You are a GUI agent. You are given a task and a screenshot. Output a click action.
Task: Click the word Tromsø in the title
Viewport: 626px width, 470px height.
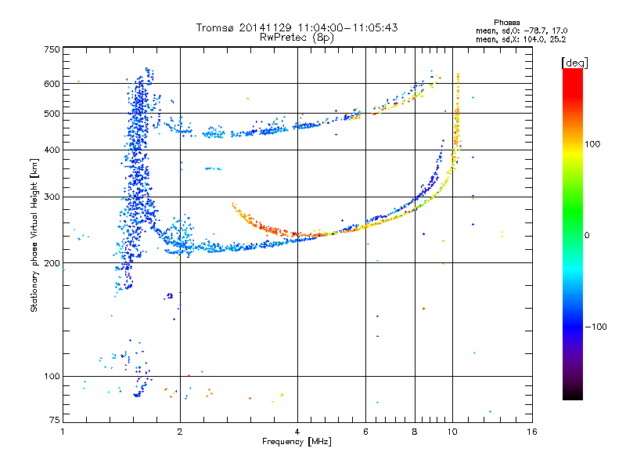click(x=215, y=27)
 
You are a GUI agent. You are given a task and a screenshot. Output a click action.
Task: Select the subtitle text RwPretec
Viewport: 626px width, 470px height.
click(x=284, y=38)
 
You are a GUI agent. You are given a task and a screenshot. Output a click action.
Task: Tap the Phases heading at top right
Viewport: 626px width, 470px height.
click(x=506, y=23)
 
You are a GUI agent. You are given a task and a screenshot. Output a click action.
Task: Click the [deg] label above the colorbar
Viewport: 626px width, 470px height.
click(x=574, y=63)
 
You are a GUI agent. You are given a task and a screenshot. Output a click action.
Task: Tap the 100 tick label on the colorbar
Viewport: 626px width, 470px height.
click(x=592, y=144)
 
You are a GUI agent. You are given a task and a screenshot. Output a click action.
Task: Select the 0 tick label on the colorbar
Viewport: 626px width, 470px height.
click(x=587, y=235)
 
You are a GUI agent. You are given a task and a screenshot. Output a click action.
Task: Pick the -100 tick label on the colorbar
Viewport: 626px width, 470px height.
click(x=596, y=327)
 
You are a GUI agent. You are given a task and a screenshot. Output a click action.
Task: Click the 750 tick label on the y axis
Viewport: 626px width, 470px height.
click(x=52, y=49)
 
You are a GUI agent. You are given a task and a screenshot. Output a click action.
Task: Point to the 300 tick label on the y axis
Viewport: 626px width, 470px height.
click(x=52, y=197)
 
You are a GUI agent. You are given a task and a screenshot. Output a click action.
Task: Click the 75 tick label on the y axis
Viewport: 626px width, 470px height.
click(x=55, y=420)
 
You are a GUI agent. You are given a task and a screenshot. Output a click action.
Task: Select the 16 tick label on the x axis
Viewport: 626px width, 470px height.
click(x=532, y=432)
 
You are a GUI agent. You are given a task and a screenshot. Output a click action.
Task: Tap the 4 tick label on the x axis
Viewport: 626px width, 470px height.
click(x=297, y=432)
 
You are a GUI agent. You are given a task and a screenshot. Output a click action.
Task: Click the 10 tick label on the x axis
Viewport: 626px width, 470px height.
click(x=452, y=432)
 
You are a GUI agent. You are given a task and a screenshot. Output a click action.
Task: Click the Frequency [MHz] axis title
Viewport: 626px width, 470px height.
click(x=297, y=442)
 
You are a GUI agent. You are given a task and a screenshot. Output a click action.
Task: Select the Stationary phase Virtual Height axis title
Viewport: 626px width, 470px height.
click(x=34, y=236)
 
